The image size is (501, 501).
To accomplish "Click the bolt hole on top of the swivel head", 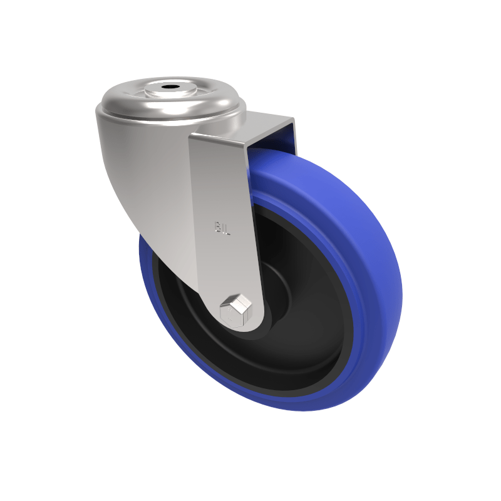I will (169, 87).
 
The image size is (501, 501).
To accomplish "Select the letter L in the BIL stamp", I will (229, 229).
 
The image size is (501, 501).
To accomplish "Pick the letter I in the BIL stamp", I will (224, 228).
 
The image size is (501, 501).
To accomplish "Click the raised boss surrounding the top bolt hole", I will (169, 91).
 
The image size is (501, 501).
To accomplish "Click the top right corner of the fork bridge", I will (293, 119).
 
